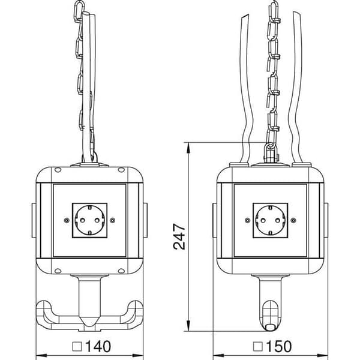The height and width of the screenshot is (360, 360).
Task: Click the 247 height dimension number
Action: pos(179,236)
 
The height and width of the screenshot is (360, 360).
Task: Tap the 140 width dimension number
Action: pos(98,346)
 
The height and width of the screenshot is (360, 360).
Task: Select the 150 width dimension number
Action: pos(279,346)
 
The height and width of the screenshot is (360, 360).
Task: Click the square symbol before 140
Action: pos(77,347)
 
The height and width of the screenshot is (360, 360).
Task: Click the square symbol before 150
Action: pos(258,347)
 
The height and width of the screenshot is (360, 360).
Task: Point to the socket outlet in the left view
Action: pos(89,220)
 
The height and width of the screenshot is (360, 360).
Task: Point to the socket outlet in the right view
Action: pos(271,220)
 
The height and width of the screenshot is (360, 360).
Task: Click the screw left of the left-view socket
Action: pos(67,220)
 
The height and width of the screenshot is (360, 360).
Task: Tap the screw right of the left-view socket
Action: pos(112,220)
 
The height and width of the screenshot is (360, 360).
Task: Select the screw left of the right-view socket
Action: pos(247,220)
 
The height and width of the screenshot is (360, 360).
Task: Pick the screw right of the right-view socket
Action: pos(293,220)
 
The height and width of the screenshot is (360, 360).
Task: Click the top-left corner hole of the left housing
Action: pos(58,170)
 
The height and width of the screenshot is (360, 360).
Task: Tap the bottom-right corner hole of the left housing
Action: pos(121,271)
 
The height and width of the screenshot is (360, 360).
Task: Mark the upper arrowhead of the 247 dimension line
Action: pos(188,148)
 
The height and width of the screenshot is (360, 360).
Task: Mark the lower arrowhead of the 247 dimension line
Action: pos(188,326)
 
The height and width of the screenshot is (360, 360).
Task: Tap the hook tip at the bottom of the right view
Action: pos(270,327)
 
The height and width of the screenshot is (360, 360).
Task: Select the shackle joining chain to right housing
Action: pos(271,152)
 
